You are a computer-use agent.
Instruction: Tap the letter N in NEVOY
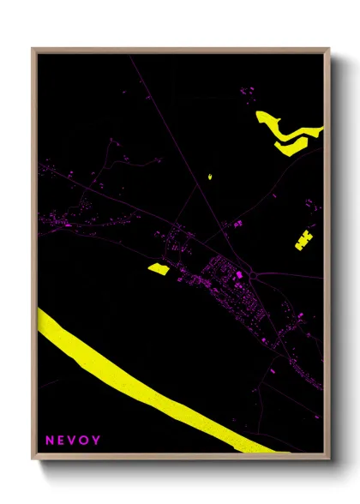point(50,441)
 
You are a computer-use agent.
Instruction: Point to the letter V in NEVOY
point(73,441)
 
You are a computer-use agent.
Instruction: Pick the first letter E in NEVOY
point(61,441)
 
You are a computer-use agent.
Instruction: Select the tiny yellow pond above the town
point(209,177)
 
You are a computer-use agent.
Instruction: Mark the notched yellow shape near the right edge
point(303,240)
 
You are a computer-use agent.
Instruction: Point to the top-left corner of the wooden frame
point(33,49)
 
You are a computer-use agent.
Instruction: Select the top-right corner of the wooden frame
point(328,49)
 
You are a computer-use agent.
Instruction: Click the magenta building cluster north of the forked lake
point(249,90)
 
